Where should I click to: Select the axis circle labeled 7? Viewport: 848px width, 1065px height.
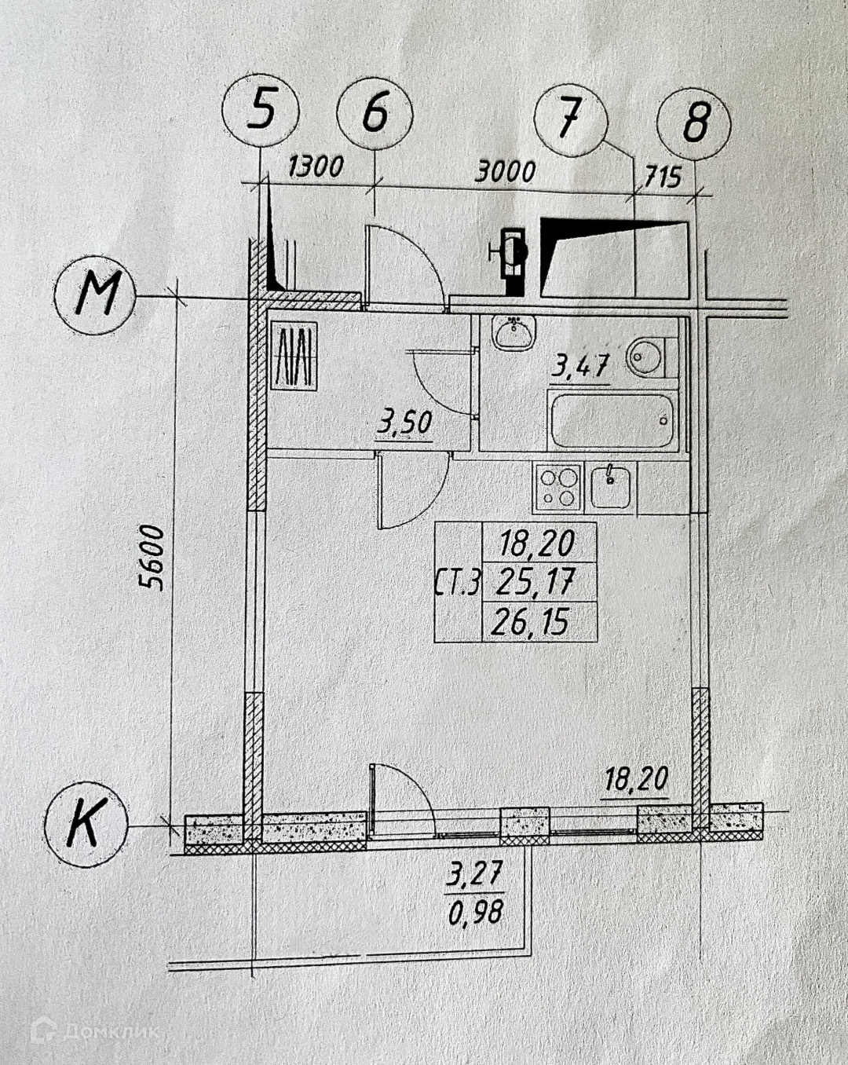571,119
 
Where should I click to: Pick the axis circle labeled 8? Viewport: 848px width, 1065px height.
694,122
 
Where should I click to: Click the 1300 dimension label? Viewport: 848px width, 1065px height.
316,167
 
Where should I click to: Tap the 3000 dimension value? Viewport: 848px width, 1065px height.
505,170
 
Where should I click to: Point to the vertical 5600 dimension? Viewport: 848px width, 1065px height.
151,557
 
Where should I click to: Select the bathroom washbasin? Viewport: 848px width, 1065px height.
514,333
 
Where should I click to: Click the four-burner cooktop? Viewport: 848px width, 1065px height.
557,486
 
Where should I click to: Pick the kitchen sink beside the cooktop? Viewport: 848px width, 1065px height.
611,485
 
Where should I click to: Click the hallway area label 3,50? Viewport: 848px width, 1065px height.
404,423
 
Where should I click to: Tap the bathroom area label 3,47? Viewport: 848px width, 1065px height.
580,365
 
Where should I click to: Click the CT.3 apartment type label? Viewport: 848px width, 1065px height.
457,583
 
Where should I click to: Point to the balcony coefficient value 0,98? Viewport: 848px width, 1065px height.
475,913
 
